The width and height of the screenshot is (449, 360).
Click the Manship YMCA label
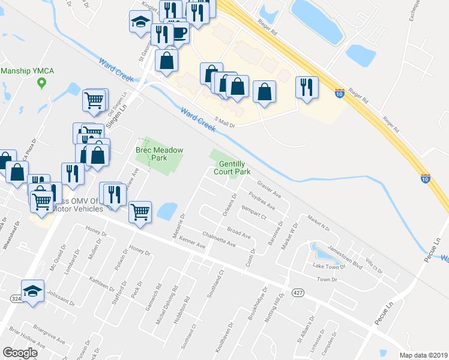click(x=28, y=71)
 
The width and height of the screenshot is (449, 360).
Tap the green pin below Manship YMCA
click(x=41, y=83)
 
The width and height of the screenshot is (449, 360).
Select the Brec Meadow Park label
click(x=159, y=154)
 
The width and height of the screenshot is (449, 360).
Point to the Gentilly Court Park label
click(x=234, y=167)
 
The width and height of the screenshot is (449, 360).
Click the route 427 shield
click(x=297, y=292)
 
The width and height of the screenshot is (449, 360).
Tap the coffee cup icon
click(x=178, y=32)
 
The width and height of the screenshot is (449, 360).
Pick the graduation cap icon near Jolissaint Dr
click(x=33, y=290)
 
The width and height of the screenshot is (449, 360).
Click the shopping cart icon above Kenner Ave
click(x=140, y=211)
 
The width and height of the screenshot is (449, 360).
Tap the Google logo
click(x=20, y=353)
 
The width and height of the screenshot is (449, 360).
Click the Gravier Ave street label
click(x=269, y=189)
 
